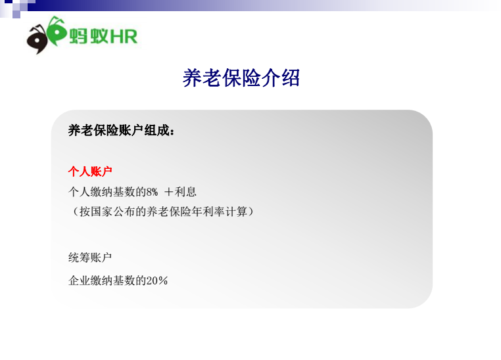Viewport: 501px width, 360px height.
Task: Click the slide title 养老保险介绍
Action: pyautogui.click(x=241, y=78)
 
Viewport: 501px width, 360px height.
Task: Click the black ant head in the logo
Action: pyautogui.click(x=37, y=39)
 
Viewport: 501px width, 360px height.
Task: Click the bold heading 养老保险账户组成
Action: pyautogui.click(x=118, y=130)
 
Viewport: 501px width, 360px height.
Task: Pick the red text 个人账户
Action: pyautogui.click(x=90, y=171)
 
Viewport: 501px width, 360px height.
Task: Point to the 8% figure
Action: pyautogui.click(x=152, y=192)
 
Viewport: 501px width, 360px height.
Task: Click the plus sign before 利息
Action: pyautogui.click(x=168, y=192)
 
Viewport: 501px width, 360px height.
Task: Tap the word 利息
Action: pyautogui.click(x=185, y=192)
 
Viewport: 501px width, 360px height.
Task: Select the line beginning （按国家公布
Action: pyautogui.click(x=162, y=212)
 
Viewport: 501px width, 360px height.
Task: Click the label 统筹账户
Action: pyautogui.click(x=90, y=258)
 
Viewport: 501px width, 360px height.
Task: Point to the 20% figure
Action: pyautogui.click(x=157, y=281)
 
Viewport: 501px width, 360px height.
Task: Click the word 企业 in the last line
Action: pyautogui.click(x=80, y=281)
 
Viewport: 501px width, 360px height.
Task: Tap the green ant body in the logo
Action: pyautogui.click(x=57, y=32)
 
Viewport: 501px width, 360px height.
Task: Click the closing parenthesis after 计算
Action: pyautogui.click(x=251, y=212)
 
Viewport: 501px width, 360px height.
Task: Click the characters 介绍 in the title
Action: pyautogui.click(x=281, y=78)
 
